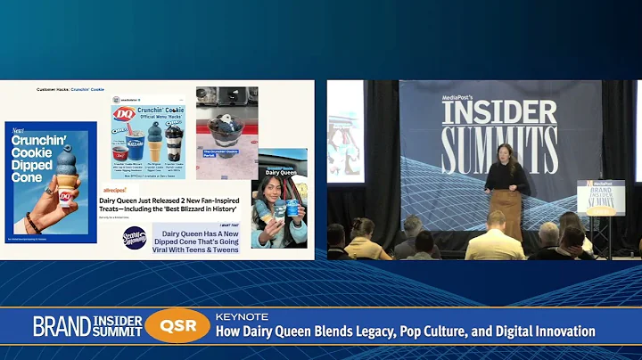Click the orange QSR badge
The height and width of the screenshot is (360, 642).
pyautogui.click(x=177, y=326)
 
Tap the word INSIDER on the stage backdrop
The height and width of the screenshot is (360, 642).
pyautogui.click(x=499, y=112)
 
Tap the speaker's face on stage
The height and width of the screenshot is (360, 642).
pyautogui.click(x=505, y=152)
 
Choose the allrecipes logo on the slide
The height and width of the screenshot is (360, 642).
pyautogui.click(x=114, y=190)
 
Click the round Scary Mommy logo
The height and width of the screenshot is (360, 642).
pyautogui.click(x=135, y=237)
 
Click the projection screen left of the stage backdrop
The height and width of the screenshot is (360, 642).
pyautogui.click(x=345, y=134)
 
